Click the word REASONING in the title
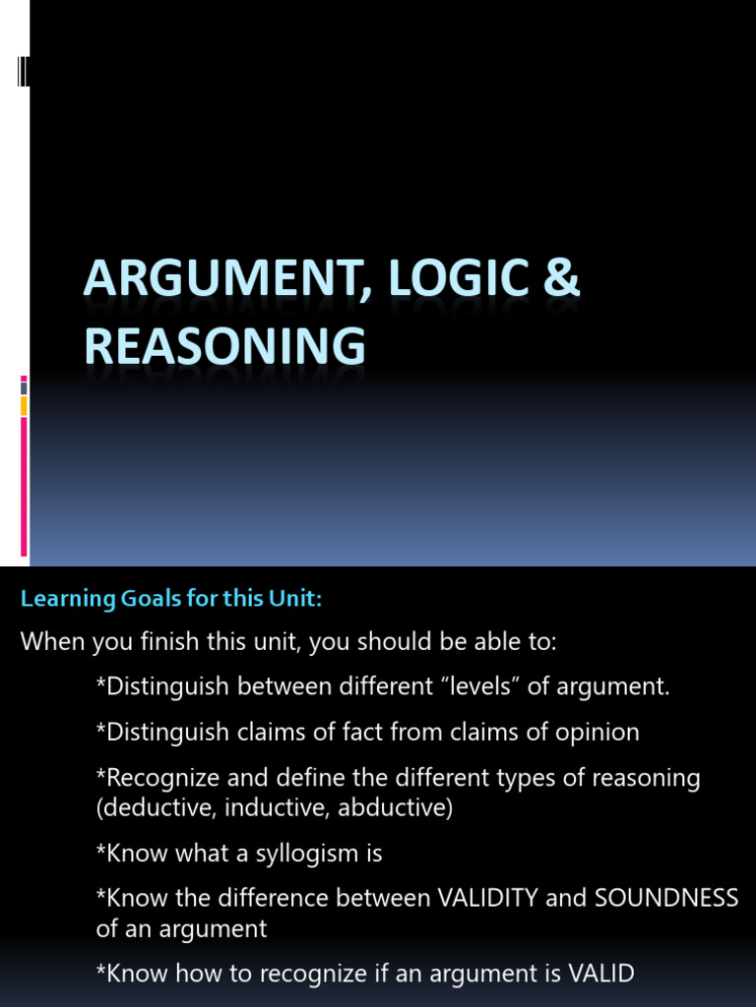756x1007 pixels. click(224, 347)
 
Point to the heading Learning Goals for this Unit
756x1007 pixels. click(171, 599)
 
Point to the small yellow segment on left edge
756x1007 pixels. click(24, 406)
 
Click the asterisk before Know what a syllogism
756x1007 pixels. click(100, 852)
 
